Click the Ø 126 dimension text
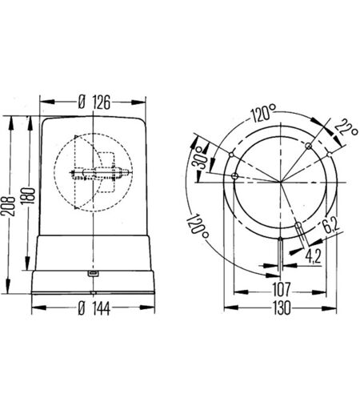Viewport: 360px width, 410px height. (94, 102)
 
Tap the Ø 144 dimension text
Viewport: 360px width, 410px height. (94, 308)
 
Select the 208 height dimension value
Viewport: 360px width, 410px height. (8, 207)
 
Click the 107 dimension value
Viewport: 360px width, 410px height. (281, 290)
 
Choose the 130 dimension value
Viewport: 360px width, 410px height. (282, 308)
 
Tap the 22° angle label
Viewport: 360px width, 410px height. (346, 127)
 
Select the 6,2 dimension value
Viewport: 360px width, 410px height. (330, 223)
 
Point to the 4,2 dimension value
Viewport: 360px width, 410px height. (313, 256)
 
